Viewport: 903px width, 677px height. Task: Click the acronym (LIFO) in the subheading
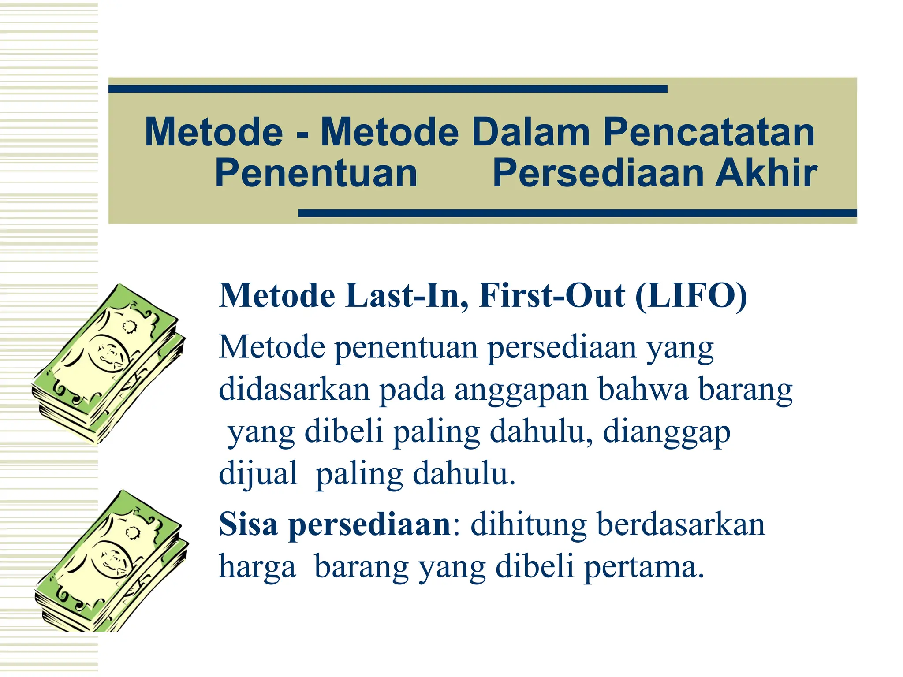click(691, 295)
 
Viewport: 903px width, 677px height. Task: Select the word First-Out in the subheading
click(551, 295)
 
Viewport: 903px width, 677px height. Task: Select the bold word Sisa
click(248, 524)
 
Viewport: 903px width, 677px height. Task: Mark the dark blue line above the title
click(388, 89)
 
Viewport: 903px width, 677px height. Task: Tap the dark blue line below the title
click(577, 213)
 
